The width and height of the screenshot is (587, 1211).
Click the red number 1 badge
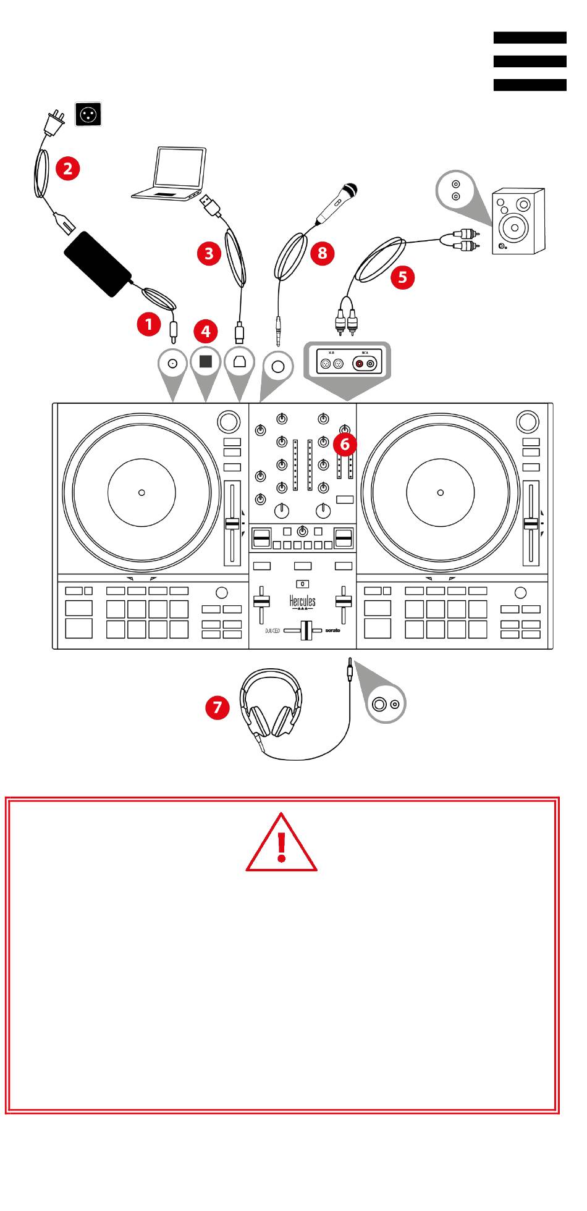point(149,324)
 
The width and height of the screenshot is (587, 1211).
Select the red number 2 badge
point(68,168)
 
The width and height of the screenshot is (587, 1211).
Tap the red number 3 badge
point(209,253)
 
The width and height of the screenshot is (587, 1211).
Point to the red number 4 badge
point(206,331)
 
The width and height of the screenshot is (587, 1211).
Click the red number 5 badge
point(403,277)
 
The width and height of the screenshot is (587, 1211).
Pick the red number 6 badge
point(345,443)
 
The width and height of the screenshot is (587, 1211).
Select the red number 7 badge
point(217,706)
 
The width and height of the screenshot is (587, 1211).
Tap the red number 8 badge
point(322,253)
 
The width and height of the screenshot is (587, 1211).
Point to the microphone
point(337,203)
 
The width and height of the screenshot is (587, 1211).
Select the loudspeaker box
point(518,221)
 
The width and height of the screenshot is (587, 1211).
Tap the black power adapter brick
point(98,264)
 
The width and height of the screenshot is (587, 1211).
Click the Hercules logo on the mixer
point(302,601)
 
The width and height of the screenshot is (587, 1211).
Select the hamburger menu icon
point(530,62)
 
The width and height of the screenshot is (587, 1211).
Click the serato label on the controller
point(333,631)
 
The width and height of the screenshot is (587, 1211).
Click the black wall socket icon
point(88,115)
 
